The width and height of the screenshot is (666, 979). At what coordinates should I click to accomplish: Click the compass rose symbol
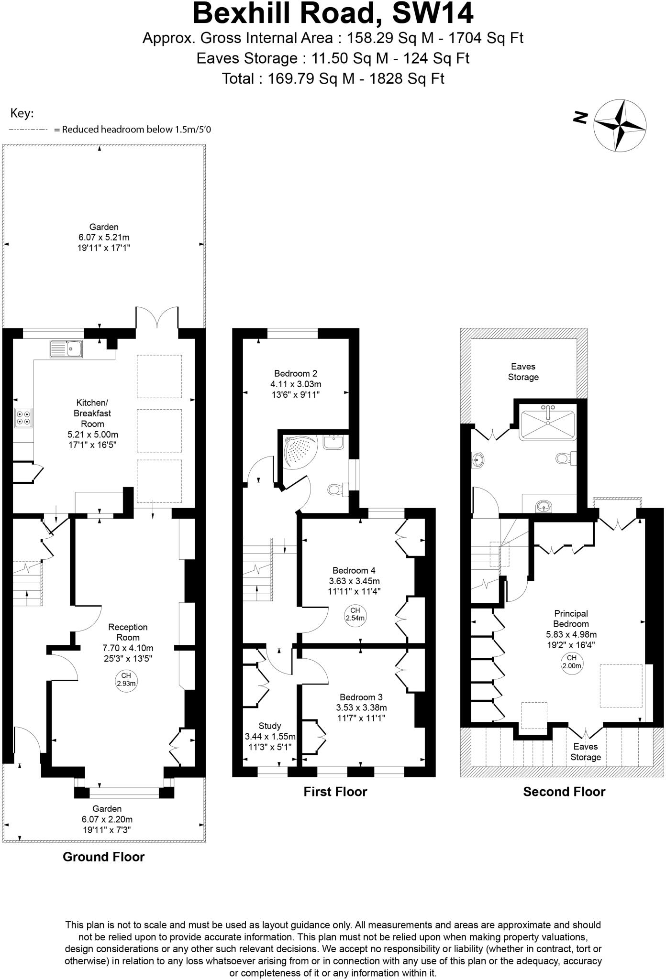coord(620,126)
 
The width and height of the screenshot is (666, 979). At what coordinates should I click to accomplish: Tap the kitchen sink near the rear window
coord(67,349)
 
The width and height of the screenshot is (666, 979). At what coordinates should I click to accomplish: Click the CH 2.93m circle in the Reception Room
coord(126,679)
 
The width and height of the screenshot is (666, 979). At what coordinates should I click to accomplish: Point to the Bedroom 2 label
coord(295,373)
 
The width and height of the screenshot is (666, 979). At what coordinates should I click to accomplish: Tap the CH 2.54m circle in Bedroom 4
coord(355,614)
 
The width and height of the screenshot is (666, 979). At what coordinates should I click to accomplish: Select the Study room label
coord(269,726)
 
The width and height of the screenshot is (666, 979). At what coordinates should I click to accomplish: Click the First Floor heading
coord(335,792)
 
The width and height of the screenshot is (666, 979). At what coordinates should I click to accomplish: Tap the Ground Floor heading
coord(103,857)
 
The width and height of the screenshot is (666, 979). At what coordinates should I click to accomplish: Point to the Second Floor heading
coord(564,792)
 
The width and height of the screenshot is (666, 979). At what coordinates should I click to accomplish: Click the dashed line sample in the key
coord(28,130)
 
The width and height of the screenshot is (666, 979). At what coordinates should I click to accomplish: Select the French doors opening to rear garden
coord(157,318)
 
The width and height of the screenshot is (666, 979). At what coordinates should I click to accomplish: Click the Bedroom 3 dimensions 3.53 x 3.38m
coord(361,707)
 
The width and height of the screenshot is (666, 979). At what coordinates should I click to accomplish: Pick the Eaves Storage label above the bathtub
coord(523,371)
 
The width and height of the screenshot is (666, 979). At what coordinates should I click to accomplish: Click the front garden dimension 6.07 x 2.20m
coord(107,819)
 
